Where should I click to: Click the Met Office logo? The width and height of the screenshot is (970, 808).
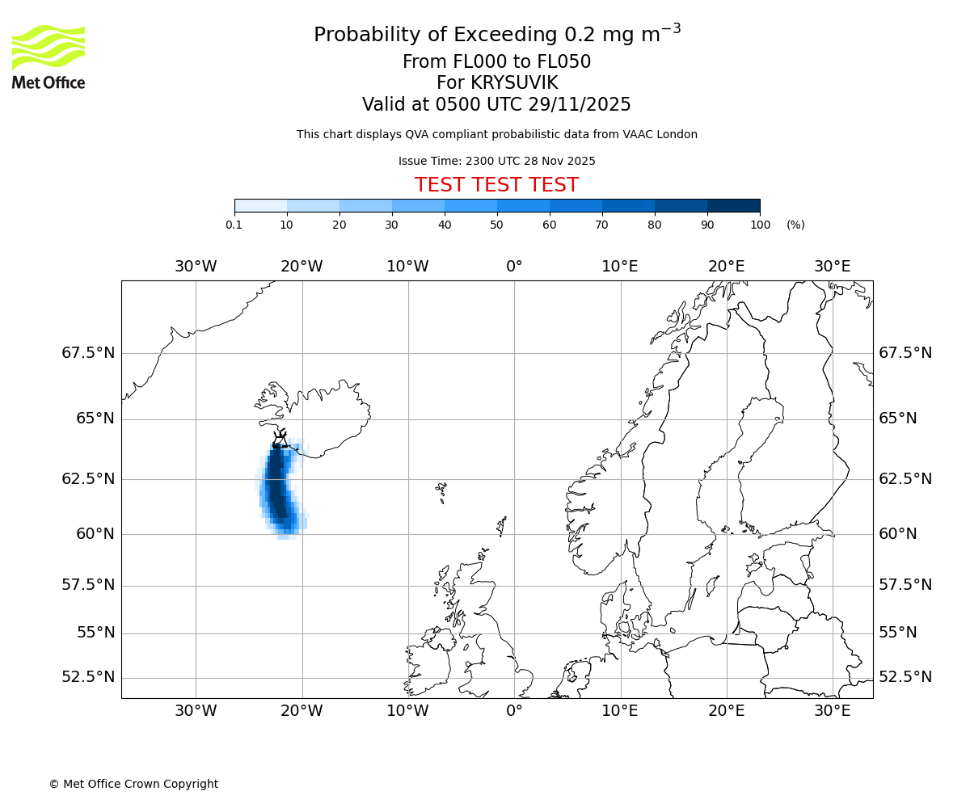48,57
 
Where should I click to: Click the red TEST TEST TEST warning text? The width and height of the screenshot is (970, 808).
496,185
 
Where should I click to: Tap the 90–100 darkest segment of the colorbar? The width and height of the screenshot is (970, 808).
733,205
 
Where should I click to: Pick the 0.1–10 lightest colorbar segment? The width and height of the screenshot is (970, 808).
261,205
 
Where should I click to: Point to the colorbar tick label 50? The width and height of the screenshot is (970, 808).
497,225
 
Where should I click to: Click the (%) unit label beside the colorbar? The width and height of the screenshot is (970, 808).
795,225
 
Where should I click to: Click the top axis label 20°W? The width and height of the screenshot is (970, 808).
302,267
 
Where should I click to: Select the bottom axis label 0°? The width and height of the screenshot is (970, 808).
514,711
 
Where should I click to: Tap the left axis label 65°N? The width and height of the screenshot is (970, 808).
95,419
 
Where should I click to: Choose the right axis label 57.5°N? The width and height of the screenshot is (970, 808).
905,585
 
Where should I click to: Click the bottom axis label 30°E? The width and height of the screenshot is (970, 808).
832,711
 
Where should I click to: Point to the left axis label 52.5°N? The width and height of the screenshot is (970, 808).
88,677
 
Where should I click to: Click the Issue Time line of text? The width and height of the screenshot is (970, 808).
496,162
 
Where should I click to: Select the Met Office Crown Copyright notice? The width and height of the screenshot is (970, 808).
133,784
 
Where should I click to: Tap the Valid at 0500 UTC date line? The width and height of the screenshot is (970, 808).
496,105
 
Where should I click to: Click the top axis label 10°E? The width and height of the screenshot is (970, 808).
620,267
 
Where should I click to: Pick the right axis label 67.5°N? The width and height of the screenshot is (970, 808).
905,353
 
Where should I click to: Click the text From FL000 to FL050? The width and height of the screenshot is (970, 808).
496,62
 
